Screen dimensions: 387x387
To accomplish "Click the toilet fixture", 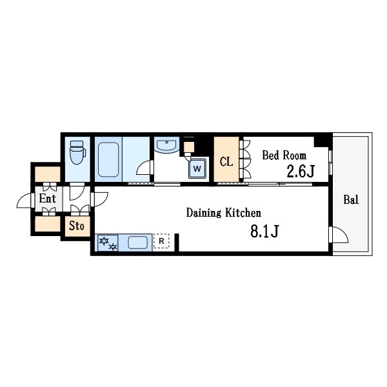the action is (x=77, y=152).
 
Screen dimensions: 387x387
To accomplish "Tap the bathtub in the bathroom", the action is (x=108, y=159).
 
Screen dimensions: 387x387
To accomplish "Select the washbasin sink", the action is (x=166, y=144).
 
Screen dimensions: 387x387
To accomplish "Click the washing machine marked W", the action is (x=197, y=168).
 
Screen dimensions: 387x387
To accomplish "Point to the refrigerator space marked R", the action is (x=161, y=241).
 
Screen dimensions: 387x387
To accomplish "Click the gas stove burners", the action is (x=108, y=243).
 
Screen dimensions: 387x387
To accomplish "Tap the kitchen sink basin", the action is (x=138, y=242).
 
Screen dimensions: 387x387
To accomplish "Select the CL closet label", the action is (x=226, y=162).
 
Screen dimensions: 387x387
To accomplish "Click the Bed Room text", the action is (x=284, y=155).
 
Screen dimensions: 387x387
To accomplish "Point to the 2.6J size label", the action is (x=301, y=172).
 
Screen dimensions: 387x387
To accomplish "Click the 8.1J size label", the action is (x=264, y=232).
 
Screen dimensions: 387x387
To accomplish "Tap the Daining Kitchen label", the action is (x=224, y=213).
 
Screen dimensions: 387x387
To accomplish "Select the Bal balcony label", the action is (x=351, y=199).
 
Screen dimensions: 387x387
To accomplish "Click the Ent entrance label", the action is (x=47, y=199).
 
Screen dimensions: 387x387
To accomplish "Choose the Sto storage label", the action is (x=77, y=226).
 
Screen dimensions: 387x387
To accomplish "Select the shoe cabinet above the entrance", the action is (x=47, y=174).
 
